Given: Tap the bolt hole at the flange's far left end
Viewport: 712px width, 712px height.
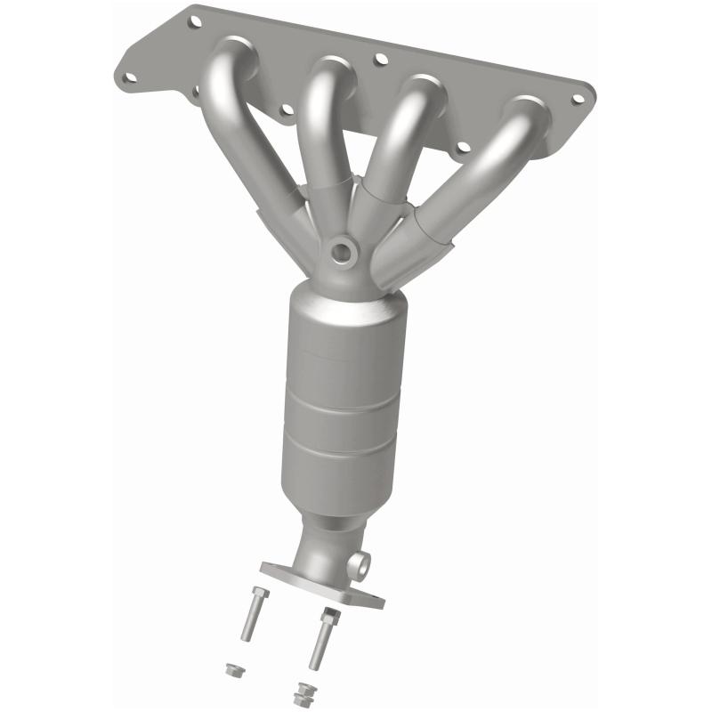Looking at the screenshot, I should point(131,77).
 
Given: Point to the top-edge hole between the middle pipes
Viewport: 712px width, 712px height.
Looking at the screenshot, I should point(380,59).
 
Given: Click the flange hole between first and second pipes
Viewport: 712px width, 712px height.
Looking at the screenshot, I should point(286,111).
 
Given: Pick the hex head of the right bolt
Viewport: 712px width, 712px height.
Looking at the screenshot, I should point(329,614).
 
